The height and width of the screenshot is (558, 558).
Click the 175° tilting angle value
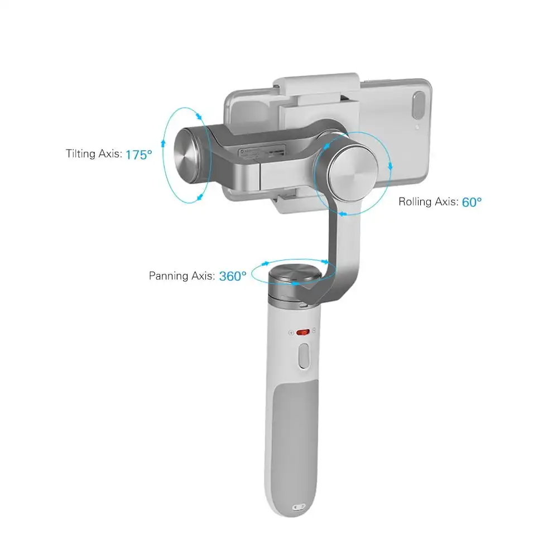139,155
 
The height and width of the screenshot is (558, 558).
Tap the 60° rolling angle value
472,202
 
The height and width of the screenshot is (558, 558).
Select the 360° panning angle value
233,276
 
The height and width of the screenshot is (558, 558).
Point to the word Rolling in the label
415,202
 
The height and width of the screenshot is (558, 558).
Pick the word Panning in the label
169,276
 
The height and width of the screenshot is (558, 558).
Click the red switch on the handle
303,332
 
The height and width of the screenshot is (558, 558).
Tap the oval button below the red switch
304,356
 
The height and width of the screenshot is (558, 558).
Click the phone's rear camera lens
419,105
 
